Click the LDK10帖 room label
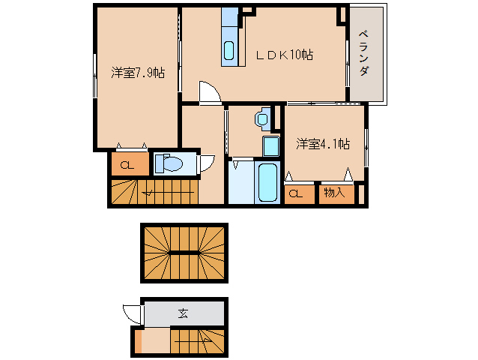(285, 55)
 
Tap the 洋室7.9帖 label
(138, 73)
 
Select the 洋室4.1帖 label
(323, 144)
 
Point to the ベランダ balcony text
(363, 52)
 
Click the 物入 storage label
(334, 193)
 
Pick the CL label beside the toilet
(127, 165)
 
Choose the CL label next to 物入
(296, 193)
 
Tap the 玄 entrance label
(184, 313)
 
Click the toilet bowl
(169, 163)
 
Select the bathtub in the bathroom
(267, 182)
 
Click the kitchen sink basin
(229, 50)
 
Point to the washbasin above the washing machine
(262, 118)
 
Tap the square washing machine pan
(271, 146)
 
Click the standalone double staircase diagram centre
(184, 253)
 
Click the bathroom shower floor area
(241, 182)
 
